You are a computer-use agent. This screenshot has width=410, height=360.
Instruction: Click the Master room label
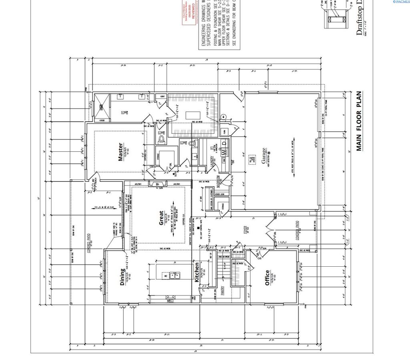point(121,152)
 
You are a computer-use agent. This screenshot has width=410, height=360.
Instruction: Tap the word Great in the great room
point(161,218)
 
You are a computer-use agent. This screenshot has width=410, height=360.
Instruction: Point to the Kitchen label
point(197,272)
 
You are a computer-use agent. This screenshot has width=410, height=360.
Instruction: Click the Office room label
point(267,278)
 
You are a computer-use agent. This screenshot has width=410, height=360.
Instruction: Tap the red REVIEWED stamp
point(191,12)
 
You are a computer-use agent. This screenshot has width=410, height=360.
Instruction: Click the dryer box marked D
point(224,142)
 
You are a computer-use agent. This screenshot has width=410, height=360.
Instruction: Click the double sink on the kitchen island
point(175,275)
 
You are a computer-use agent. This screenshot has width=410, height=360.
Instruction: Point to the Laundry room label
point(212,160)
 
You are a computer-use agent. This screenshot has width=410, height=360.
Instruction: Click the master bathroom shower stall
point(101,107)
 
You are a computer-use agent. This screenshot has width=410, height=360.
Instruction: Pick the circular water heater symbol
point(227,118)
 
